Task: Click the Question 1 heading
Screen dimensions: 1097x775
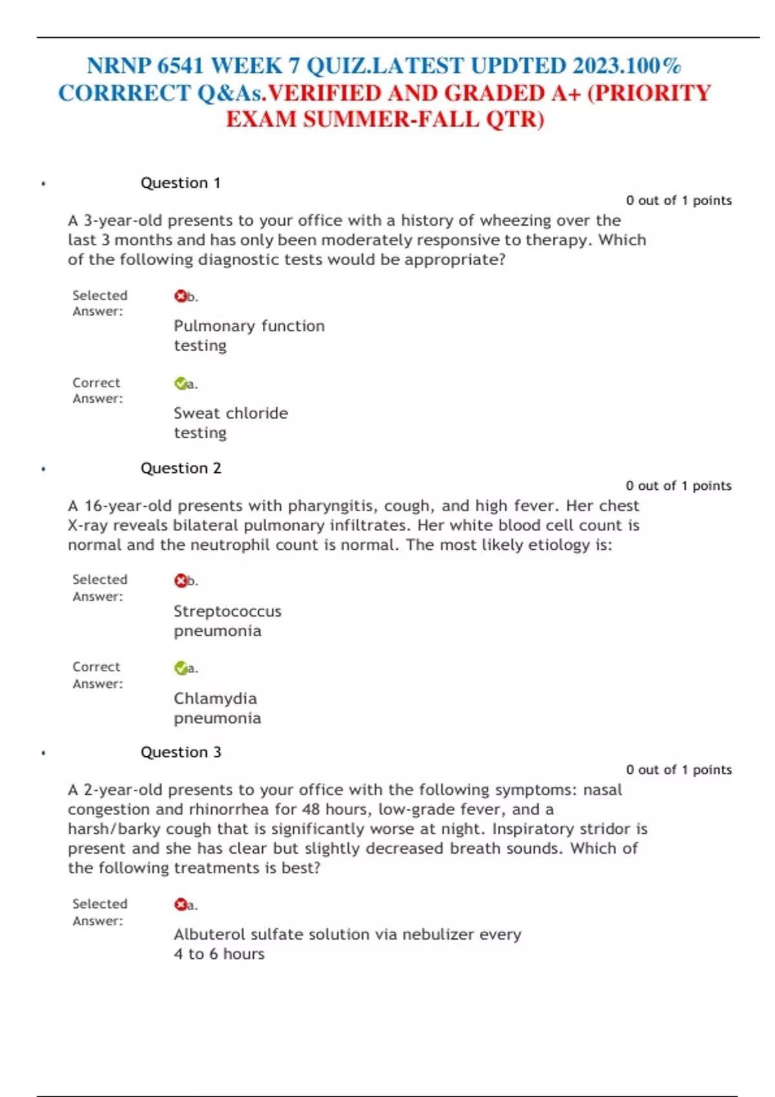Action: pos(180,183)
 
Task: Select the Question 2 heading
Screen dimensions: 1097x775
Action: pos(181,468)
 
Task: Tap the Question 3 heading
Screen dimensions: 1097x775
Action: pos(181,752)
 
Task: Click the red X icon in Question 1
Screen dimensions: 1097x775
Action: pos(180,296)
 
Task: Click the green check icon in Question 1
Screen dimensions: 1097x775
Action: pos(180,384)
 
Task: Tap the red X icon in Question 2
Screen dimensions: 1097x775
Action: pos(180,581)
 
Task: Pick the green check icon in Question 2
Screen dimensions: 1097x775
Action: pos(180,669)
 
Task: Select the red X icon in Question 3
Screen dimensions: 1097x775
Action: pos(180,905)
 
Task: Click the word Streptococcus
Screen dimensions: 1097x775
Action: pos(227,611)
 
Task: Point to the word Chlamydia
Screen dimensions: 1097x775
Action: pos(215,698)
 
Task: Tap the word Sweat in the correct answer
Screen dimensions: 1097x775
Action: pos(194,413)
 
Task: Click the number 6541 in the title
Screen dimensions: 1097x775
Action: pos(180,66)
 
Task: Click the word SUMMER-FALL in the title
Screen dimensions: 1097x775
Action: pos(391,120)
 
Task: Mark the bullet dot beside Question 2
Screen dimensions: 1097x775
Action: pos(43,469)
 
